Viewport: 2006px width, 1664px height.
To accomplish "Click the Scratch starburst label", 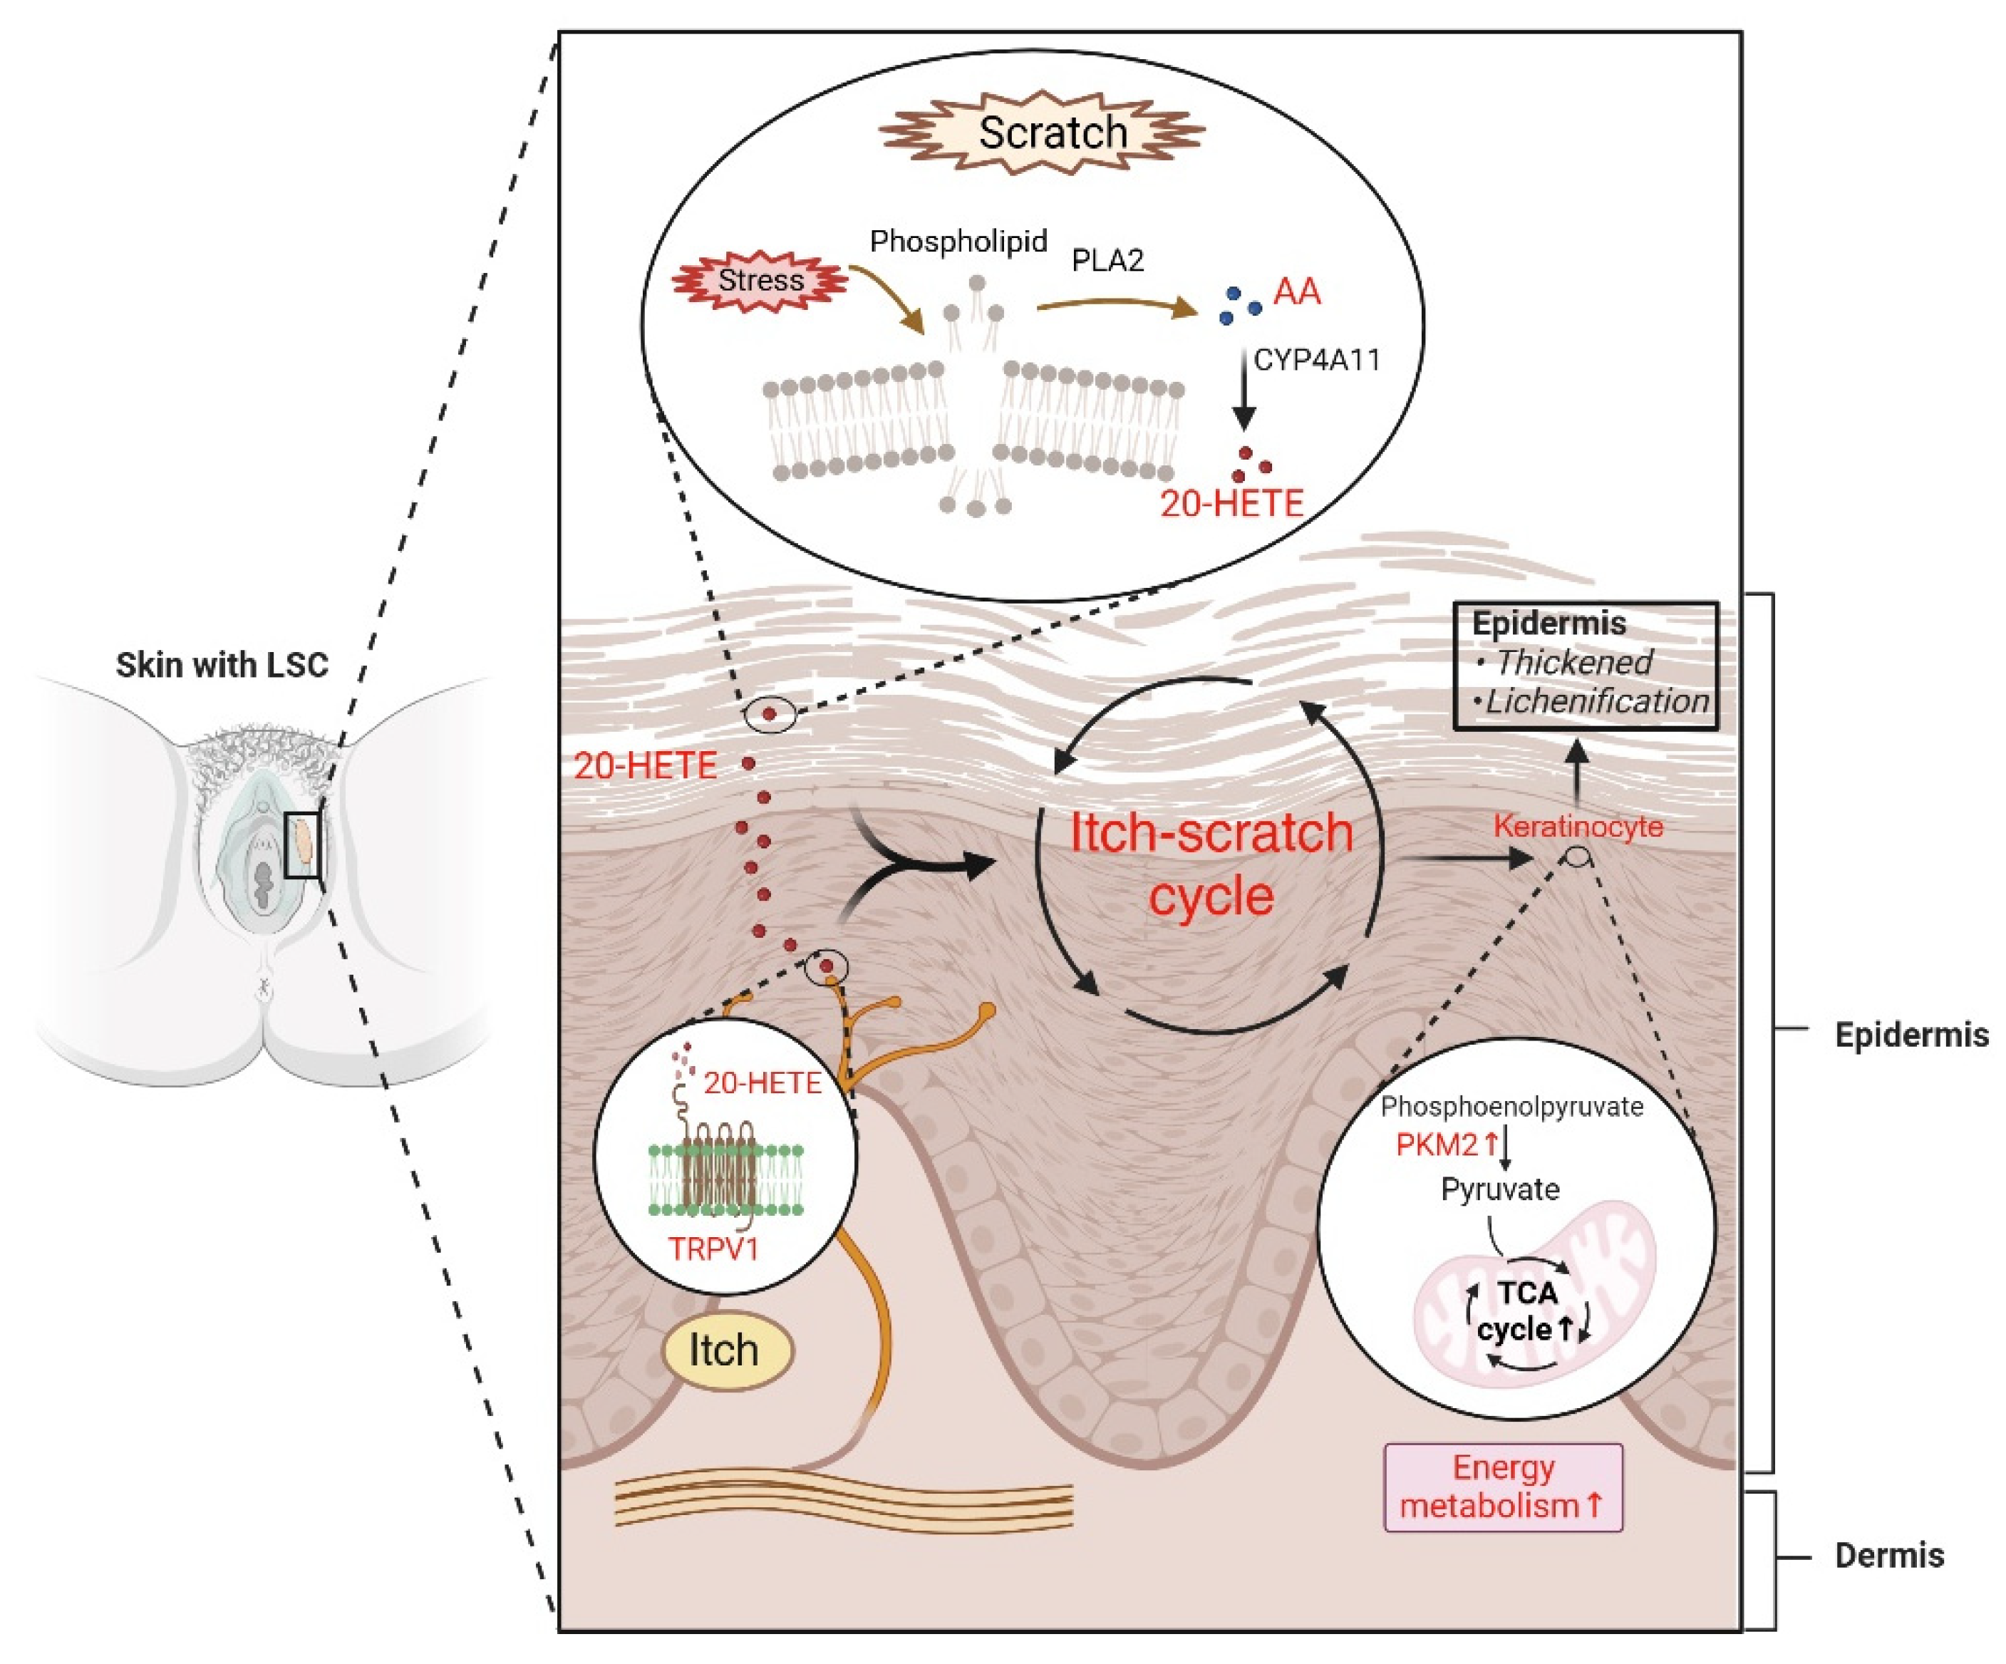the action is pos(1042,133).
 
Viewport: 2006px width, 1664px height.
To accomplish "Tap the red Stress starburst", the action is pos(760,281).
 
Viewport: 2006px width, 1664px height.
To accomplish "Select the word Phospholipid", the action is pos(958,241).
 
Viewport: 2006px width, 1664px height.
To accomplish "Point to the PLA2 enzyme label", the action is pos(1107,260).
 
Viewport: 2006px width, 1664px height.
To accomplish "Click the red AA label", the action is pos(1296,291).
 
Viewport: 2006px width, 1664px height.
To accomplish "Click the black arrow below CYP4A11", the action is pos(1243,393).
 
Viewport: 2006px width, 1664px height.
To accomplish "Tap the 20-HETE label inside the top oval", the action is pos(1231,503).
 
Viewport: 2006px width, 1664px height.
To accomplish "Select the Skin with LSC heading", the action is pos(222,665).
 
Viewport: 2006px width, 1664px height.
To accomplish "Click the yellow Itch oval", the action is pos(727,1350).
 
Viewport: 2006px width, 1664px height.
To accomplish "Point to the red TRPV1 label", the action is pos(713,1249).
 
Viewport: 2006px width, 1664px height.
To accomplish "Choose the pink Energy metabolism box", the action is pos(1504,1487).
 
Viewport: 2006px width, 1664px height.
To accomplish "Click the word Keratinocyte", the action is pos(1578,826).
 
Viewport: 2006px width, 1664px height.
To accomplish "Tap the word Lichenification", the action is pos(1597,701).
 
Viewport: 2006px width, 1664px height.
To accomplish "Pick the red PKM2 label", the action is pos(1436,1144).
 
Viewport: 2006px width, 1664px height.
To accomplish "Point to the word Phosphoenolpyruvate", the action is pos(1512,1106).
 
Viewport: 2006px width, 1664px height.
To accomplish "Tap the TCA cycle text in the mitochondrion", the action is pos(1526,1311).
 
